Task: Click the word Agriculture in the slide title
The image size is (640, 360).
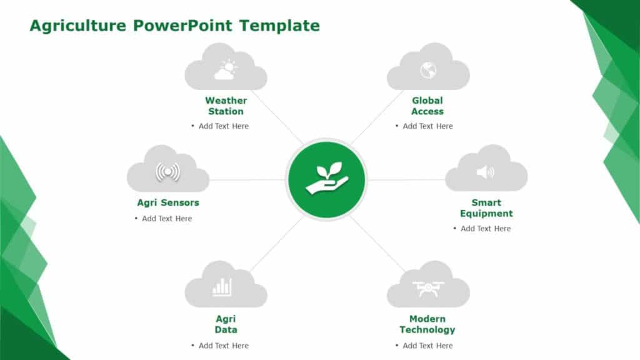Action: (78, 26)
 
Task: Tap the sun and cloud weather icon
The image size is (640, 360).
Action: (225, 70)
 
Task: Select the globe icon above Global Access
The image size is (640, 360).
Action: (427, 70)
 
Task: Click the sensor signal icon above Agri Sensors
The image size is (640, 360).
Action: (167, 172)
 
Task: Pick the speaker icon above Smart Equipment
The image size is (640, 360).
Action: (485, 172)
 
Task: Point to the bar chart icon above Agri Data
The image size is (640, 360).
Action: (222, 287)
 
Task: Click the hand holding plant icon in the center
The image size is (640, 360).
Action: (326, 179)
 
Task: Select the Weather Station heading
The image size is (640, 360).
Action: (226, 106)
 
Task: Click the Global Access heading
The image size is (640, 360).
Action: (427, 106)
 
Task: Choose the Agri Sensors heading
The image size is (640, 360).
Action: (168, 202)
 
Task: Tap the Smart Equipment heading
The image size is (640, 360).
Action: (486, 207)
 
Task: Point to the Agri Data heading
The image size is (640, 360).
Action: (226, 324)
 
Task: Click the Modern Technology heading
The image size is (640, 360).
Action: (427, 324)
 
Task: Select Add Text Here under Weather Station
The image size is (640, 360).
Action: (223, 126)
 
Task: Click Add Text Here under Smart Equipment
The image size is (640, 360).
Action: (486, 229)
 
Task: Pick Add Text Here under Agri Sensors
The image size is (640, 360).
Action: (167, 219)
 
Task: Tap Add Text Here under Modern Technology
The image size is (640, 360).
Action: (427, 346)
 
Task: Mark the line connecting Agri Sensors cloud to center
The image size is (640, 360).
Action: (247, 180)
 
